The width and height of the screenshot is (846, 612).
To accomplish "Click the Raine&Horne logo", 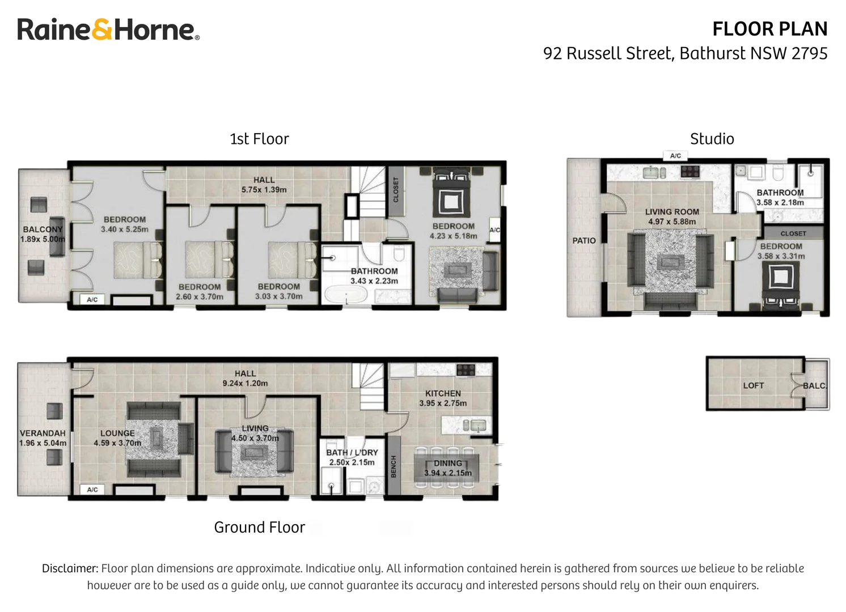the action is pyautogui.click(x=108, y=29).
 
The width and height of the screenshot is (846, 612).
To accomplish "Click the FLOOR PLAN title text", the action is pyautogui.click(x=769, y=29).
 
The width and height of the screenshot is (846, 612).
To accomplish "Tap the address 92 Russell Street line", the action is pyautogui.click(x=685, y=53).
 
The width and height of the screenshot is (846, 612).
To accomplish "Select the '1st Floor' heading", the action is pyautogui.click(x=259, y=139).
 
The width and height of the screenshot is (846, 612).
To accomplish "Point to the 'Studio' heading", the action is pyautogui.click(x=712, y=139).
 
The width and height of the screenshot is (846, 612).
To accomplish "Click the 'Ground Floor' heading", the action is pyautogui.click(x=259, y=528).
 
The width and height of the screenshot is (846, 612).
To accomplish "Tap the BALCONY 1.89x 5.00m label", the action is pyautogui.click(x=43, y=234).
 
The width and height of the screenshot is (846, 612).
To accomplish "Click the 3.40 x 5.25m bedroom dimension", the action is pyautogui.click(x=125, y=229).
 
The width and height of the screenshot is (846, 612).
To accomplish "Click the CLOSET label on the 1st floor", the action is pyautogui.click(x=396, y=190).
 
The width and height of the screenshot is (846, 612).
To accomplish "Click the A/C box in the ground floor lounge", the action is pyautogui.click(x=92, y=490).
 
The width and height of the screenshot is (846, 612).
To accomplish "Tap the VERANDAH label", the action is pyautogui.click(x=43, y=433).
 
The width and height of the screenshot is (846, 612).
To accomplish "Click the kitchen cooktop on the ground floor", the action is pyautogui.click(x=466, y=370).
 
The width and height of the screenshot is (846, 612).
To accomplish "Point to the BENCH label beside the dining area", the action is pyautogui.click(x=394, y=466).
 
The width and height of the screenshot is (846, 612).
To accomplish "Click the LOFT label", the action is pyautogui.click(x=753, y=385).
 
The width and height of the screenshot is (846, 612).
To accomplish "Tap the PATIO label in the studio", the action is pyautogui.click(x=583, y=240).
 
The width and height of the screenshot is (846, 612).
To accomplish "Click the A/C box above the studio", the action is pyautogui.click(x=675, y=156).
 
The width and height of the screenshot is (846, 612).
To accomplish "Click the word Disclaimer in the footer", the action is pyautogui.click(x=70, y=568).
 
